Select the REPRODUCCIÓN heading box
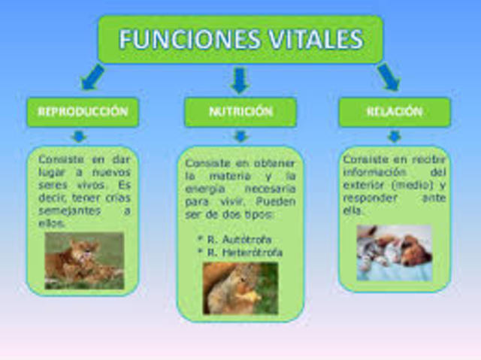[83, 112]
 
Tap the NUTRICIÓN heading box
[240, 112]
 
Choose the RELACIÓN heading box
[394, 112]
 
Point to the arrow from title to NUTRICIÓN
[240, 79]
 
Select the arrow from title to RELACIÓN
[388, 76]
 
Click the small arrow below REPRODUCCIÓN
[79, 136]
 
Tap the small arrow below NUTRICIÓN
[240, 136]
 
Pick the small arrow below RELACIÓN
[394, 136]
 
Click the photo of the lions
[83, 260]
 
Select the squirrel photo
[240, 288]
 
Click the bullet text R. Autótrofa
[234, 238]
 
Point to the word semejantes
[64, 211]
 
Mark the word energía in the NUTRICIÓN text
[205, 188]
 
